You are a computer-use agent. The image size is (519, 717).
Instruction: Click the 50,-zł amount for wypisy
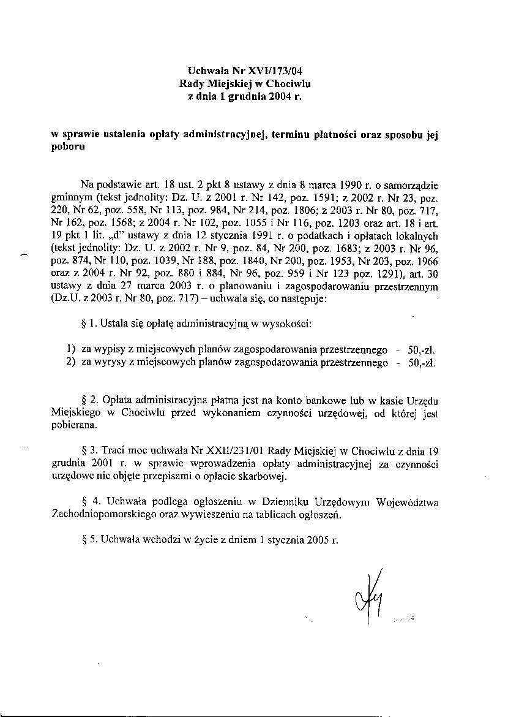coord(421,351)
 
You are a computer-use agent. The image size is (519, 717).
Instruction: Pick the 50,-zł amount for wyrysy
coord(421,363)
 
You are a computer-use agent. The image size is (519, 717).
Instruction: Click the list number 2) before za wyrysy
coord(70,363)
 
